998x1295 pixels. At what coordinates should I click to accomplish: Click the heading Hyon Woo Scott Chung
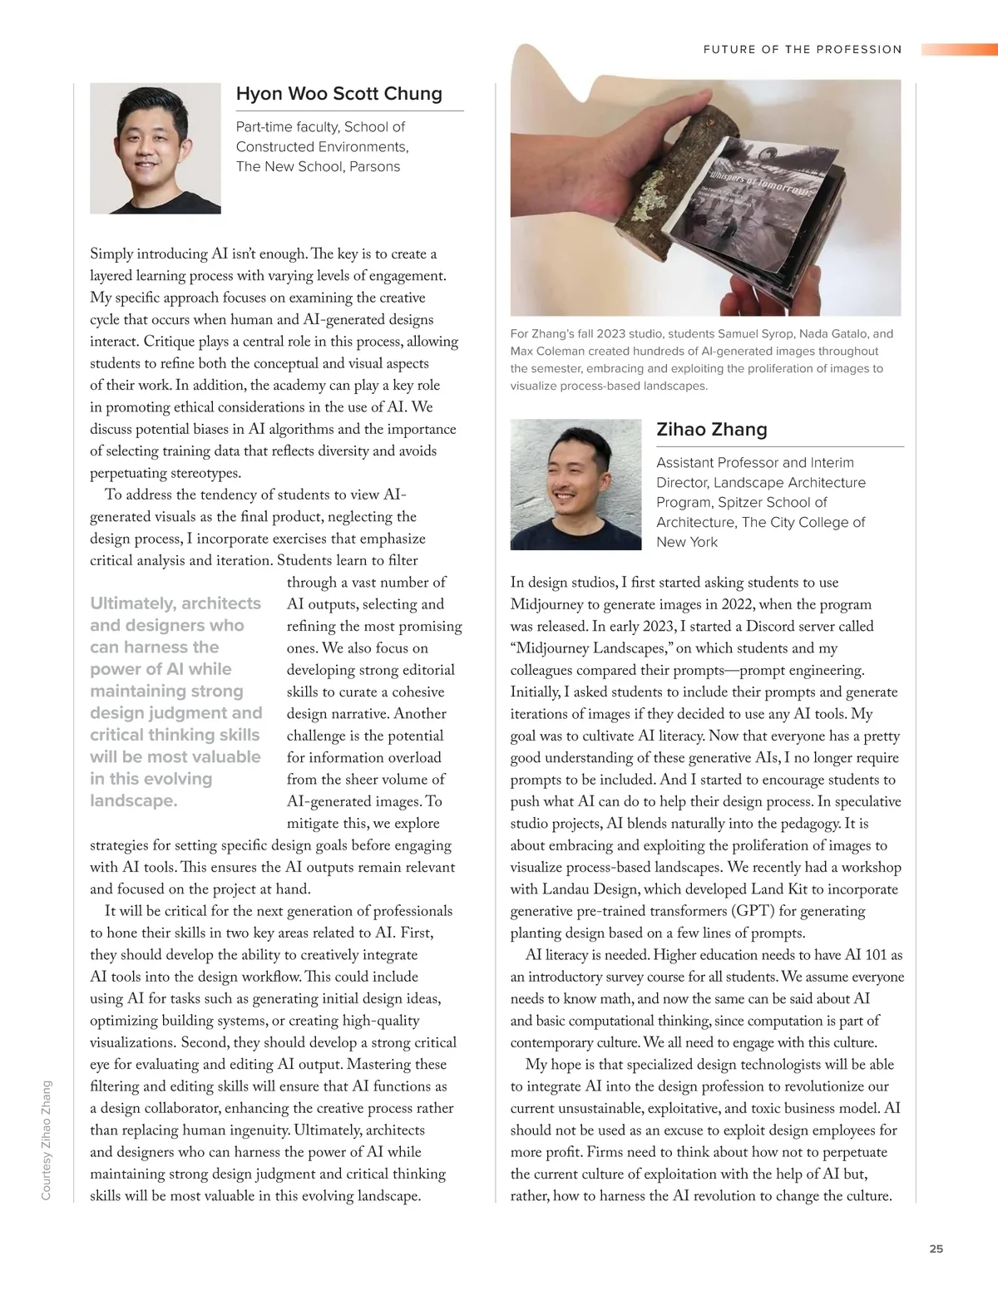(x=338, y=93)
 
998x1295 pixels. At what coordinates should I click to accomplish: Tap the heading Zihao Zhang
(x=711, y=430)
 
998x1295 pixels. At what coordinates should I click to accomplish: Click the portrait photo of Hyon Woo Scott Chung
(x=156, y=149)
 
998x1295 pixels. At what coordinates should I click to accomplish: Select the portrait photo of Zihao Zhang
(x=576, y=485)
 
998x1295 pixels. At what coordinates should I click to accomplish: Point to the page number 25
(x=936, y=1248)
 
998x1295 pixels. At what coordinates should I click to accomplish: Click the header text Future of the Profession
(x=802, y=50)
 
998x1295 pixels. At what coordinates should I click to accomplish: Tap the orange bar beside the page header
(x=958, y=50)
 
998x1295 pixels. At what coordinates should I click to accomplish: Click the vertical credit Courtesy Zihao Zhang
(x=47, y=1139)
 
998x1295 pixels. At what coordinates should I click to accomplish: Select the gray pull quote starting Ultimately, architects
(x=175, y=702)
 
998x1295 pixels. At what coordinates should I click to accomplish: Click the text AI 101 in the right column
(x=865, y=955)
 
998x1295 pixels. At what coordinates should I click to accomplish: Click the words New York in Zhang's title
(x=686, y=542)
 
